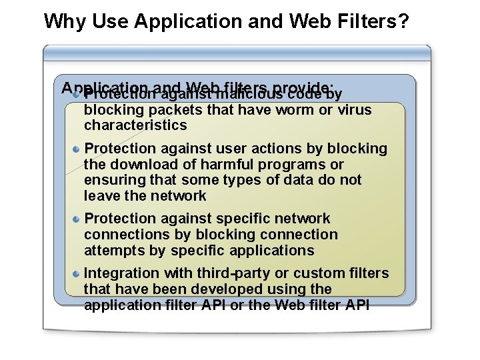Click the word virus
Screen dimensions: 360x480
tap(355, 110)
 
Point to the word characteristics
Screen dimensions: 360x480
tap(135, 125)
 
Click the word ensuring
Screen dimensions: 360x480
tap(111, 181)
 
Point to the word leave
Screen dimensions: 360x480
tap(100, 196)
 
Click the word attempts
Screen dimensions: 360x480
tap(112, 251)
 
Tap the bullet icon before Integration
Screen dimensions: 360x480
tap(77, 273)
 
